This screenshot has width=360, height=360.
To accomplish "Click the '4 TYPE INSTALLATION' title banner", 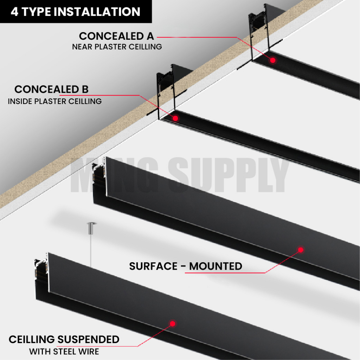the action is pos(75,12).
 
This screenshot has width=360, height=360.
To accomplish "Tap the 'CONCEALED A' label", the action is pos(116,36).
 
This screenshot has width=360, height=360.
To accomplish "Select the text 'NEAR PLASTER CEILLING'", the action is pos(117,47).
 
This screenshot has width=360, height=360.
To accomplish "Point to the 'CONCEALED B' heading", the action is pos(51,89).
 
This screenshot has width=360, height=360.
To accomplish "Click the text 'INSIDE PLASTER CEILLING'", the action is pos(54,102).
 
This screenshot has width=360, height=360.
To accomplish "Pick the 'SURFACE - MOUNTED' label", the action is pos(186,266).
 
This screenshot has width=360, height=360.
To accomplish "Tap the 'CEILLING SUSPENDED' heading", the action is pos(64,340).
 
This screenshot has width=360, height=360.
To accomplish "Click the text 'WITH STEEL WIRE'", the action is pos(64,351).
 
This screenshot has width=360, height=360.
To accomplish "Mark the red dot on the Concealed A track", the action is pos(272,60).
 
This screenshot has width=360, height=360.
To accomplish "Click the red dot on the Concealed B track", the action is pos(175,118).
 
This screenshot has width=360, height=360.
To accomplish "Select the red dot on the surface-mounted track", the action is pos(301,250).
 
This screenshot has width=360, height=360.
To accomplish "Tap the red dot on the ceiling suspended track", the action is pos(172,323).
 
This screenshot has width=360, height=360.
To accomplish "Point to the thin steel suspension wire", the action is pos(91,246).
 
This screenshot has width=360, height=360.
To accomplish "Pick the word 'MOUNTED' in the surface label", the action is pos(216,266).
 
